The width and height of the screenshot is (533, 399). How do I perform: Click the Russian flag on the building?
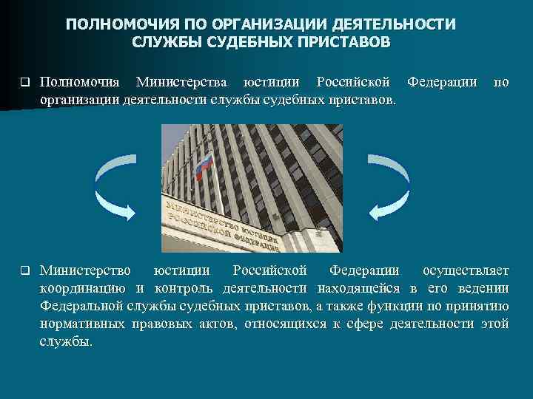[203, 166]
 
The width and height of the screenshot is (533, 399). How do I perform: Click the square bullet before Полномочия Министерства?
[24, 82]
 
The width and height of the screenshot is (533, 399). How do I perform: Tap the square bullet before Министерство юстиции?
[24, 270]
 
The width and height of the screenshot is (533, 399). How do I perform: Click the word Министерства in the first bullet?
[178, 81]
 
